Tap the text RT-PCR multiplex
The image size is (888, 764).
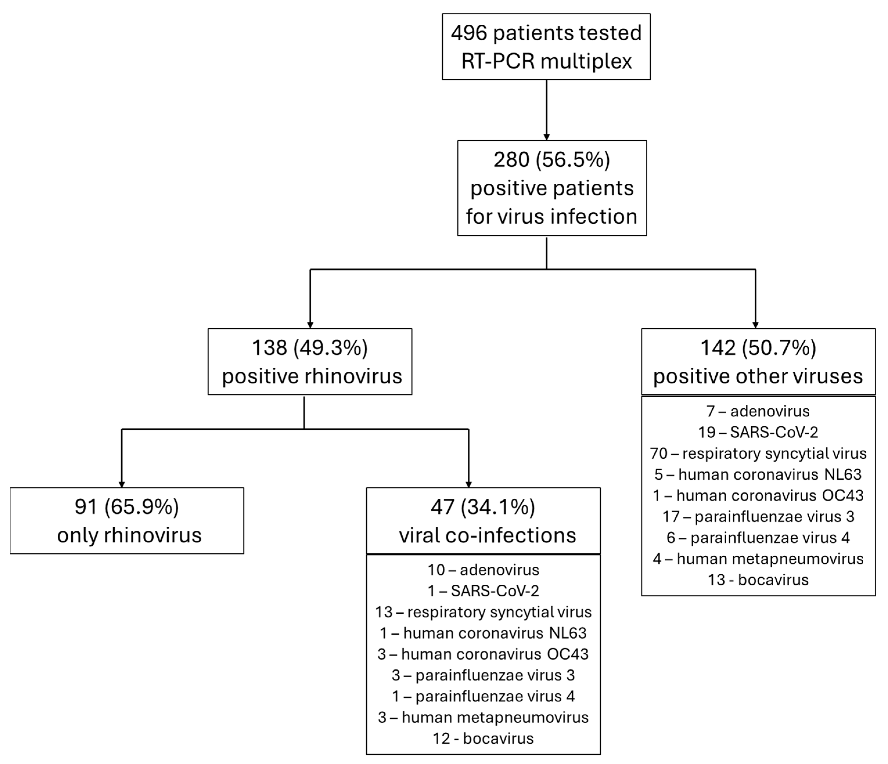[x=546, y=61]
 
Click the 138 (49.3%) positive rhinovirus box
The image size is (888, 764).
[x=310, y=362]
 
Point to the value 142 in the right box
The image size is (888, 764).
[x=718, y=348]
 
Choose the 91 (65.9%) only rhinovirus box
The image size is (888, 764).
[x=127, y=521]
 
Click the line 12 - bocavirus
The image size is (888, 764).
[x=483, y=738]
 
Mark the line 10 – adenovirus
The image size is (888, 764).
[x=483, y=570]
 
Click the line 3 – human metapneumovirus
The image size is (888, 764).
[x=483, y=717]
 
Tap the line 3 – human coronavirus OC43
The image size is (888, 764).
[x=483, y=654]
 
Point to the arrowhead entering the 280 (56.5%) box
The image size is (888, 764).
[x=546, y=137]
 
